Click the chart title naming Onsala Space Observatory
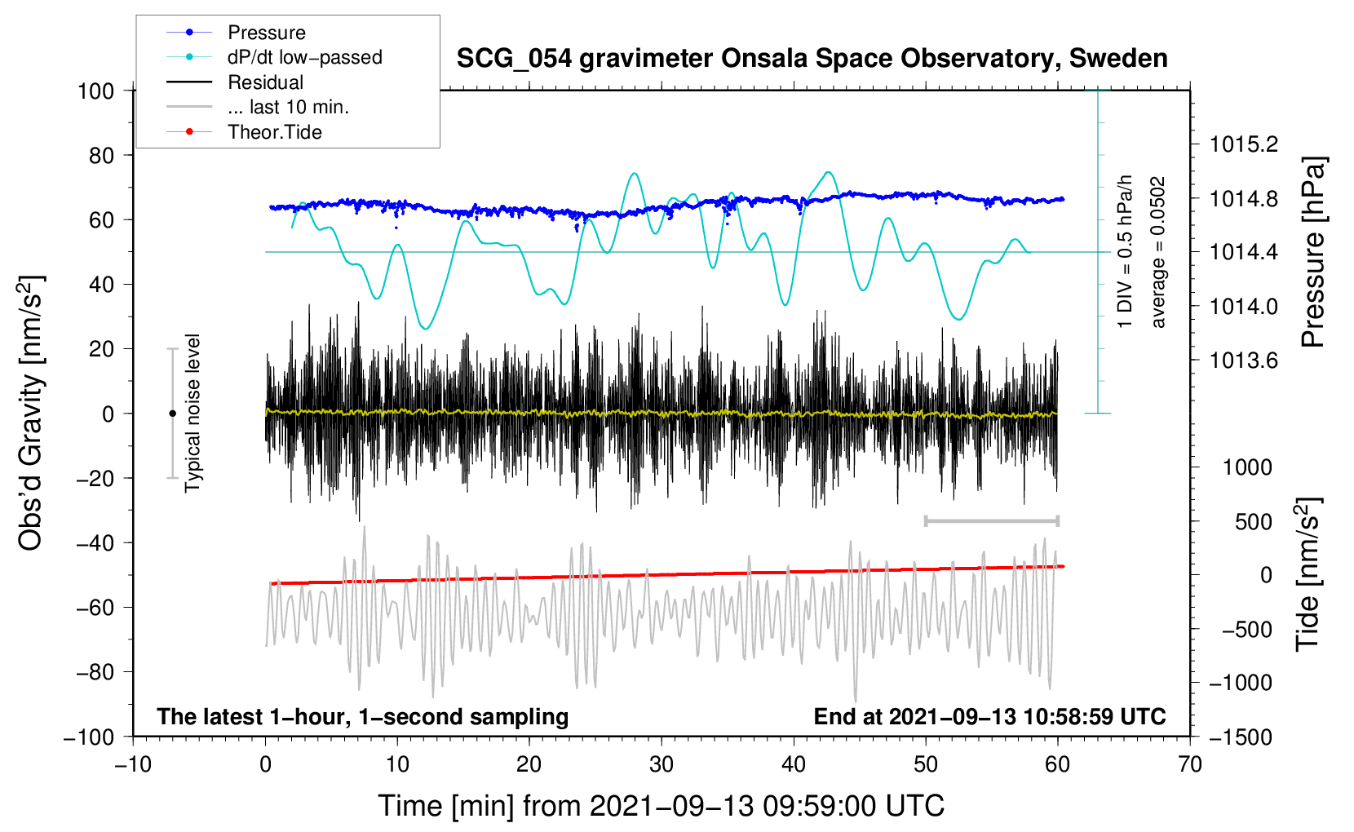click(x=812, y=59)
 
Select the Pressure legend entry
click(x=266, y=33)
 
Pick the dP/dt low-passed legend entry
click(x=304, y=57)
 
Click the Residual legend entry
click(x=265, y=82)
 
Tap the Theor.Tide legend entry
click(x=274, y=132)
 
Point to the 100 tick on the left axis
click(x=95, y=91)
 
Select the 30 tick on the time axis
click(x=662, y=764)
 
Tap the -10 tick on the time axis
click(x=133, y=764)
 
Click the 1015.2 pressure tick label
click(x=1244, y=144)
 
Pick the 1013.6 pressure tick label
click(x=1244, y=361)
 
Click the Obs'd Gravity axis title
click(x=30, y=413)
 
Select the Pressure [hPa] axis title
click(x=1312, y=252)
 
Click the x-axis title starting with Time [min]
click(x=661, y=806)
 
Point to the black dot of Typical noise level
click(x=172, y=414)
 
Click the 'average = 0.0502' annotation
click(x=1158, y=252)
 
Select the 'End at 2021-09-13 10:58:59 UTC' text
click(x=989, y=717)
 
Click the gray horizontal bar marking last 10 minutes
click(x=991, y=520)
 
